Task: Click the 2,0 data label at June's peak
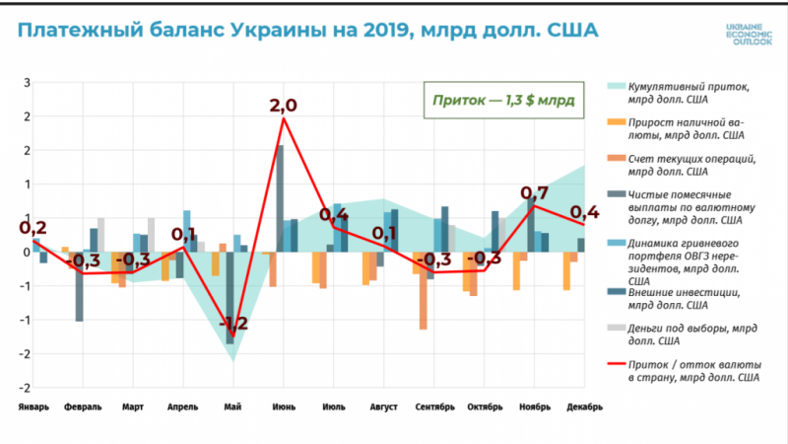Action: tap(283, 105)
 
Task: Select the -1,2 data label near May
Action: tap(232, 324)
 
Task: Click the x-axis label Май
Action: tap(232, 406)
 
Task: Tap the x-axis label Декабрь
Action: tap(584, 406)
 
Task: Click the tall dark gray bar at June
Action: tap(281, 197)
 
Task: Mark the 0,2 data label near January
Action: tap(33, 229)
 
